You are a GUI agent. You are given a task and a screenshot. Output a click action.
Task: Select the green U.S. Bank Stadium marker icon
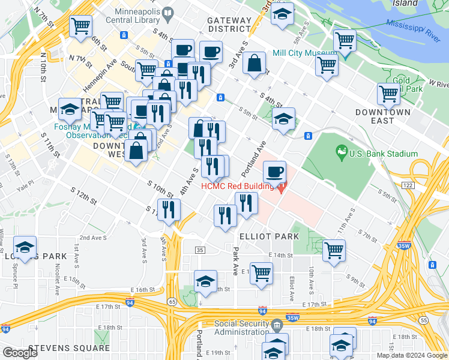tap(342, 150)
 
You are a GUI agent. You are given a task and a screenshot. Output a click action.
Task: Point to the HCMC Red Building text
tap(237, 186)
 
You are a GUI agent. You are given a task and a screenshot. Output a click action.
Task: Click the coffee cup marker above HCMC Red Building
tap(274, 172)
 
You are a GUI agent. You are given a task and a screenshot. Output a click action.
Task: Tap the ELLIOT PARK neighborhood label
tap(269, 236)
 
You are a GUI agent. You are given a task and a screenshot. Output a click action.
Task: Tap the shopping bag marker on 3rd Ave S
tap(255, 63)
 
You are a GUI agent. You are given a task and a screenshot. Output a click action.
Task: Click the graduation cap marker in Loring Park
tap(25, 247)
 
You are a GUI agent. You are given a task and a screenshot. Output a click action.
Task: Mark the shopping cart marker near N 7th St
tap(80, 26)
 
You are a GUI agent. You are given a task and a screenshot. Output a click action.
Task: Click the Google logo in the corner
tap(20, 353)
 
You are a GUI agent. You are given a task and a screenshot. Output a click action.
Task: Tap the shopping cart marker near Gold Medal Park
tap(388, 94)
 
